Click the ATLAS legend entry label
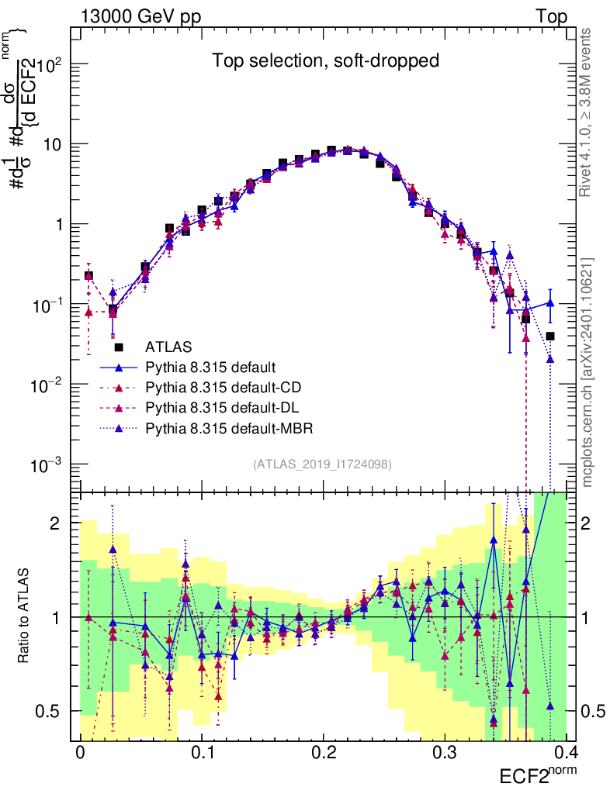(170, 347)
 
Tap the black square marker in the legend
(119, 347)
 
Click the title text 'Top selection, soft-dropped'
(326, 60)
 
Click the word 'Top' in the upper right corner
(550, 16)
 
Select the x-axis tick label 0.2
(322, 753)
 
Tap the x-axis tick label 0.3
(444, 753)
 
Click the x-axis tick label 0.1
(201, 753)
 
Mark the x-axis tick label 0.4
(564, 753)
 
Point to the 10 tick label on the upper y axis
(53, 144)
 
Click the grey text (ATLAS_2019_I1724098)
(322, 464)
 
